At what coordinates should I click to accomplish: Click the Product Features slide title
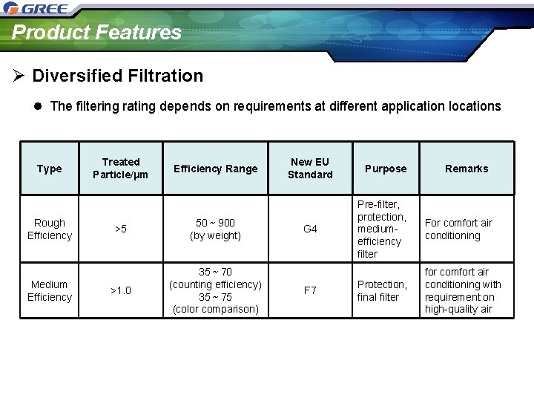pos(96,33)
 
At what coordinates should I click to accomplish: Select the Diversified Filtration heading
pos(117,76)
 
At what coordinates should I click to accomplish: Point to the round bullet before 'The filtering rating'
pos(39,106)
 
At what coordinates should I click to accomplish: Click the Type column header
pos(49,169)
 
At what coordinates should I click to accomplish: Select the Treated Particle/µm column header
pos(120,168)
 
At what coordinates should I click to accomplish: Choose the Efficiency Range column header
pos(215,169)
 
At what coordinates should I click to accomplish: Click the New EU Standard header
pos(310,168)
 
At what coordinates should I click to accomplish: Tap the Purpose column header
pos(386,169)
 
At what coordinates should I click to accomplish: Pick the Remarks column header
pos(467,169)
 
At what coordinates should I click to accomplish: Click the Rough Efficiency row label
pos(49,229)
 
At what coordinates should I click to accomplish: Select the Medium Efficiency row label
pos(49,290)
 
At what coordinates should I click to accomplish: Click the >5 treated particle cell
pos(120,229)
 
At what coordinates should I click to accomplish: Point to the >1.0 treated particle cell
pos(120,290)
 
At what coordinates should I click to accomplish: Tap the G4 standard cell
pos(310,229)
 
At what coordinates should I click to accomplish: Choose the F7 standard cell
pos(310,290)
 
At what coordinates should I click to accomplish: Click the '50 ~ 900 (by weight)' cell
pos(215,229)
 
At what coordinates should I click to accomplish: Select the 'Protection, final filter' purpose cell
pos(382,290)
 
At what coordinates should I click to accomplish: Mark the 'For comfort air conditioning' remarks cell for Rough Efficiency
pos(458,229)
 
